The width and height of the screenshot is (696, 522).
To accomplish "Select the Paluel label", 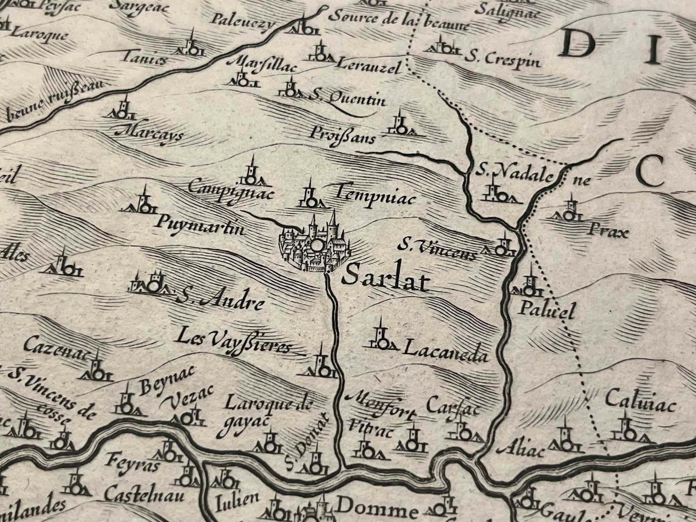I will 547,310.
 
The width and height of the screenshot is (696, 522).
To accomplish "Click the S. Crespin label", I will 503,61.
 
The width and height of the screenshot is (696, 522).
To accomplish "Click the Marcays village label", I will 150,135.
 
